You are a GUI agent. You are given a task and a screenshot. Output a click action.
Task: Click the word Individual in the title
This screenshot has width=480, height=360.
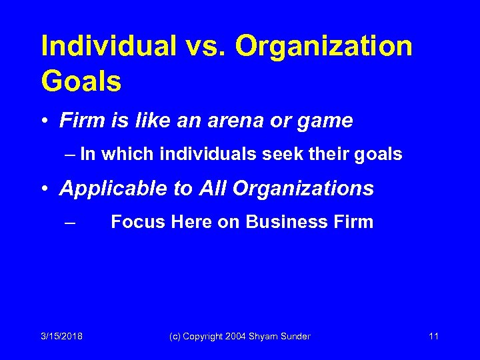96,47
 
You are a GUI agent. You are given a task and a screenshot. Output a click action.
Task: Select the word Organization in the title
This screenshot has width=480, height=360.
324,47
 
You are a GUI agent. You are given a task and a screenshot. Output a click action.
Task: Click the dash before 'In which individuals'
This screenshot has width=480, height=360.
71,155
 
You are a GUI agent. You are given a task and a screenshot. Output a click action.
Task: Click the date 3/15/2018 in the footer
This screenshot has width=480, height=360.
62,337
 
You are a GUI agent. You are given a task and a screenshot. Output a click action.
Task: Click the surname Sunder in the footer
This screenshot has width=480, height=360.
296,337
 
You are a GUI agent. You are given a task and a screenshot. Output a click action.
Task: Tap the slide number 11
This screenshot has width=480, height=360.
433,337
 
